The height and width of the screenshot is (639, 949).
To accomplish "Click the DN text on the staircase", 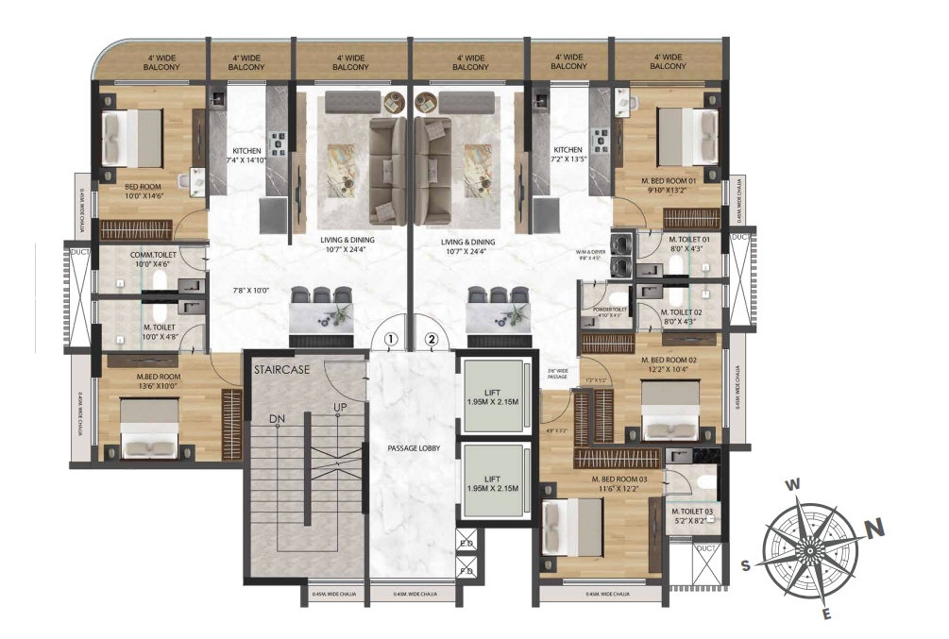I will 277,420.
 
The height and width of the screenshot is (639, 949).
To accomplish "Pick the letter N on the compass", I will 874,529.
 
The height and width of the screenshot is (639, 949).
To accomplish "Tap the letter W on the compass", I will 794,484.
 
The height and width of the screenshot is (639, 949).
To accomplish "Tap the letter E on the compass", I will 827,614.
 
